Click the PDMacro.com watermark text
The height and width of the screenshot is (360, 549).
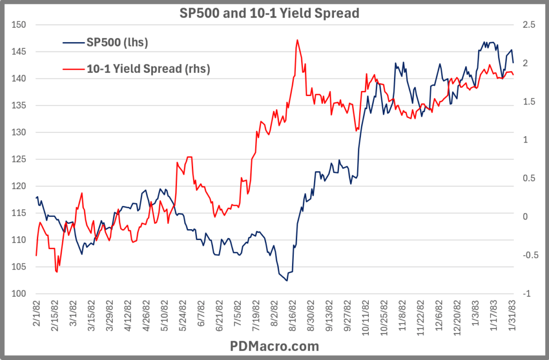coord(274,346)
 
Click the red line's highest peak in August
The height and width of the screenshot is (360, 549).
coord(297,40)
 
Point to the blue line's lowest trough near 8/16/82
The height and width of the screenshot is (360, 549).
coord(287,280)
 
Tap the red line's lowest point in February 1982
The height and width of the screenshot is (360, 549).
coord(56,272)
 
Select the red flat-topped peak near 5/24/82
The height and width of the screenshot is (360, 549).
coord(189,157)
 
